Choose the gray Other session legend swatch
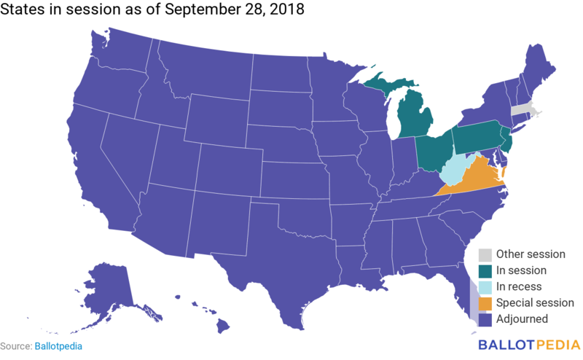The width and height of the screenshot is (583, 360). click(484, 254)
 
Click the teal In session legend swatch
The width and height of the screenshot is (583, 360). click(484, 270)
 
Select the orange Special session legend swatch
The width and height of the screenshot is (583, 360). click(484, 302)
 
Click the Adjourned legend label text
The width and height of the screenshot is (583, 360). click(522, 318)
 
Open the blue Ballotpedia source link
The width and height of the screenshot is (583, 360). click(58, 346)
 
